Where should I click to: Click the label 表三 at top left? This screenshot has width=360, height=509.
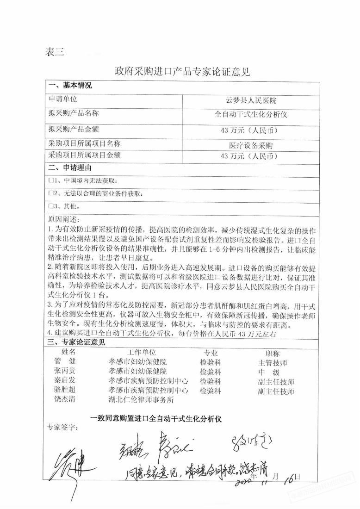coord(55,52)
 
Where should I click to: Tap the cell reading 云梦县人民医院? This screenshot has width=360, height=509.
coord(251,100)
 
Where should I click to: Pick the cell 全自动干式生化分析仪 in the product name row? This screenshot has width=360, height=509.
coord(251,114)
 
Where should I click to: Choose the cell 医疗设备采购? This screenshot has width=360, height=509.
coord(251,145)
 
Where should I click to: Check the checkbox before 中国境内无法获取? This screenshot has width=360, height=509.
coord(51,180)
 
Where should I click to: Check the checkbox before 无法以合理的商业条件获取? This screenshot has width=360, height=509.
coord(51,192)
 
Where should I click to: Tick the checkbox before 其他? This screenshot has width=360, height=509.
coord(51,205)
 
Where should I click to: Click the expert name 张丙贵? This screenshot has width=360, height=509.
coord(65,372)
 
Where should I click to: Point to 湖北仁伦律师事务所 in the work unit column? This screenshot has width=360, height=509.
coord(141,398)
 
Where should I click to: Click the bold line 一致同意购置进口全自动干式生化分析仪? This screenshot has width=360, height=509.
coord(158,418)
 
